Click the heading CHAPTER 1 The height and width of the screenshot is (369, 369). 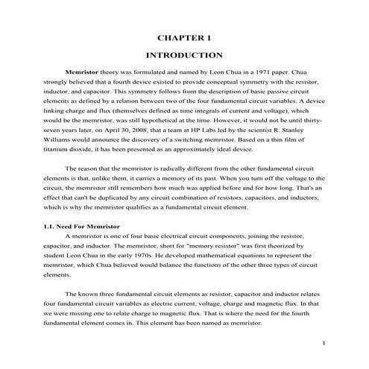tap(184, 37)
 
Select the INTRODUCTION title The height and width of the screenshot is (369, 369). tap(184, 55)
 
